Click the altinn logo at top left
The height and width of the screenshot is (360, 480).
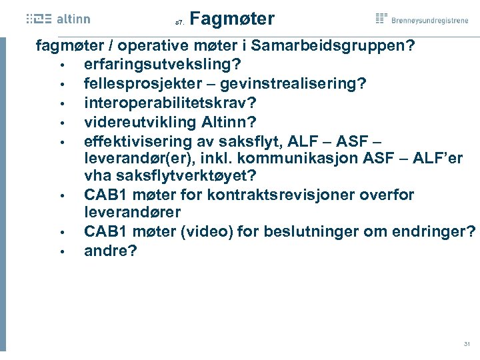pos(59,19)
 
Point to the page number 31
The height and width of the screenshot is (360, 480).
pos(467,344)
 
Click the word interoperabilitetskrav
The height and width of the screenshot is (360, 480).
pos(171,103)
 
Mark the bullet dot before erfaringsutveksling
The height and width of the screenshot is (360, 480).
pos(61,66)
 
